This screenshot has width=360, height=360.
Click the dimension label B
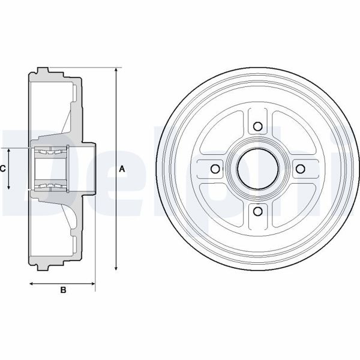62,290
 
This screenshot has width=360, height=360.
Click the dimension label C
3,169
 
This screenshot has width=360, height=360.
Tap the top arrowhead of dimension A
115,70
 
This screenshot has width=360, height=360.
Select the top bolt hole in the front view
258,126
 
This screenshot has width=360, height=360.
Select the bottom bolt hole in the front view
258,211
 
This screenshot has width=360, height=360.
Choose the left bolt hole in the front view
215,169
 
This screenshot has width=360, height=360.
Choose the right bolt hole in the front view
301,169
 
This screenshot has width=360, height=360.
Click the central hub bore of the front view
258,169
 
